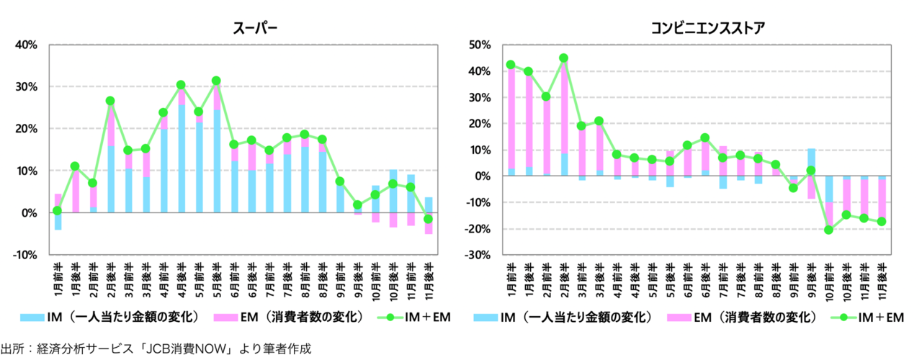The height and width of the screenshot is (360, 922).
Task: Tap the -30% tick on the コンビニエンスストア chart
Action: point(478,256)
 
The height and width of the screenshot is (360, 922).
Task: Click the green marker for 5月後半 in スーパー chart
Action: point(215,81)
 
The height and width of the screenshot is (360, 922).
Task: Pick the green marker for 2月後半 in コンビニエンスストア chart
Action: point(563,58)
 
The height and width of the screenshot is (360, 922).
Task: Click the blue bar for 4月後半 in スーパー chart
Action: point(180,158)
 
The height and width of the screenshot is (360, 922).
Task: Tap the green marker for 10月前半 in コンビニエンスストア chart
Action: point(828,230)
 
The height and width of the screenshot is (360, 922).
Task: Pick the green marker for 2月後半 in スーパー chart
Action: point(110,102)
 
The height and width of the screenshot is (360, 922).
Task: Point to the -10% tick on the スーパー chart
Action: point(27,255)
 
